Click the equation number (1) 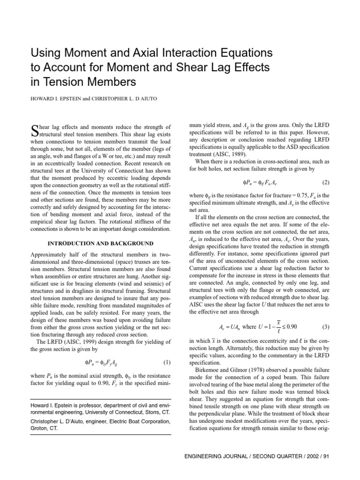coord(166,349)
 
